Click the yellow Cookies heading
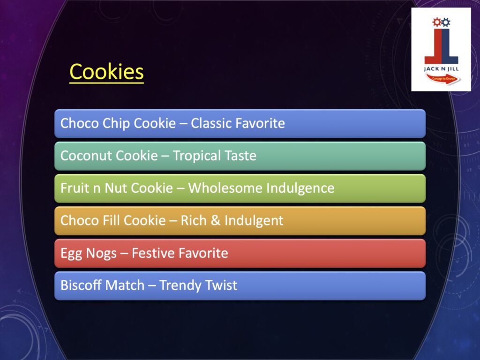click(x=106, y=72)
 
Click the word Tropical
click(x=196, y=156)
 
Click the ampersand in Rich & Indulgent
click(x=216, y=220)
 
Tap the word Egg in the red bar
click(x=71, y=254)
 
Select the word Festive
click(x=153, y=253)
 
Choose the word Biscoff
click(x=81, y=285)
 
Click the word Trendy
click(x=180, y=285)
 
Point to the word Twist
click(x=221, y=285)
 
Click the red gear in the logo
click(x=436, y=22)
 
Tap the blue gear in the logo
click(x=446, y=22)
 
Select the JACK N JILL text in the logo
click(x=442, y=68)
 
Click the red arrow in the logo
click(x=443, y=79)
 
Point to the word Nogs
click(x=101, y=254)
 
